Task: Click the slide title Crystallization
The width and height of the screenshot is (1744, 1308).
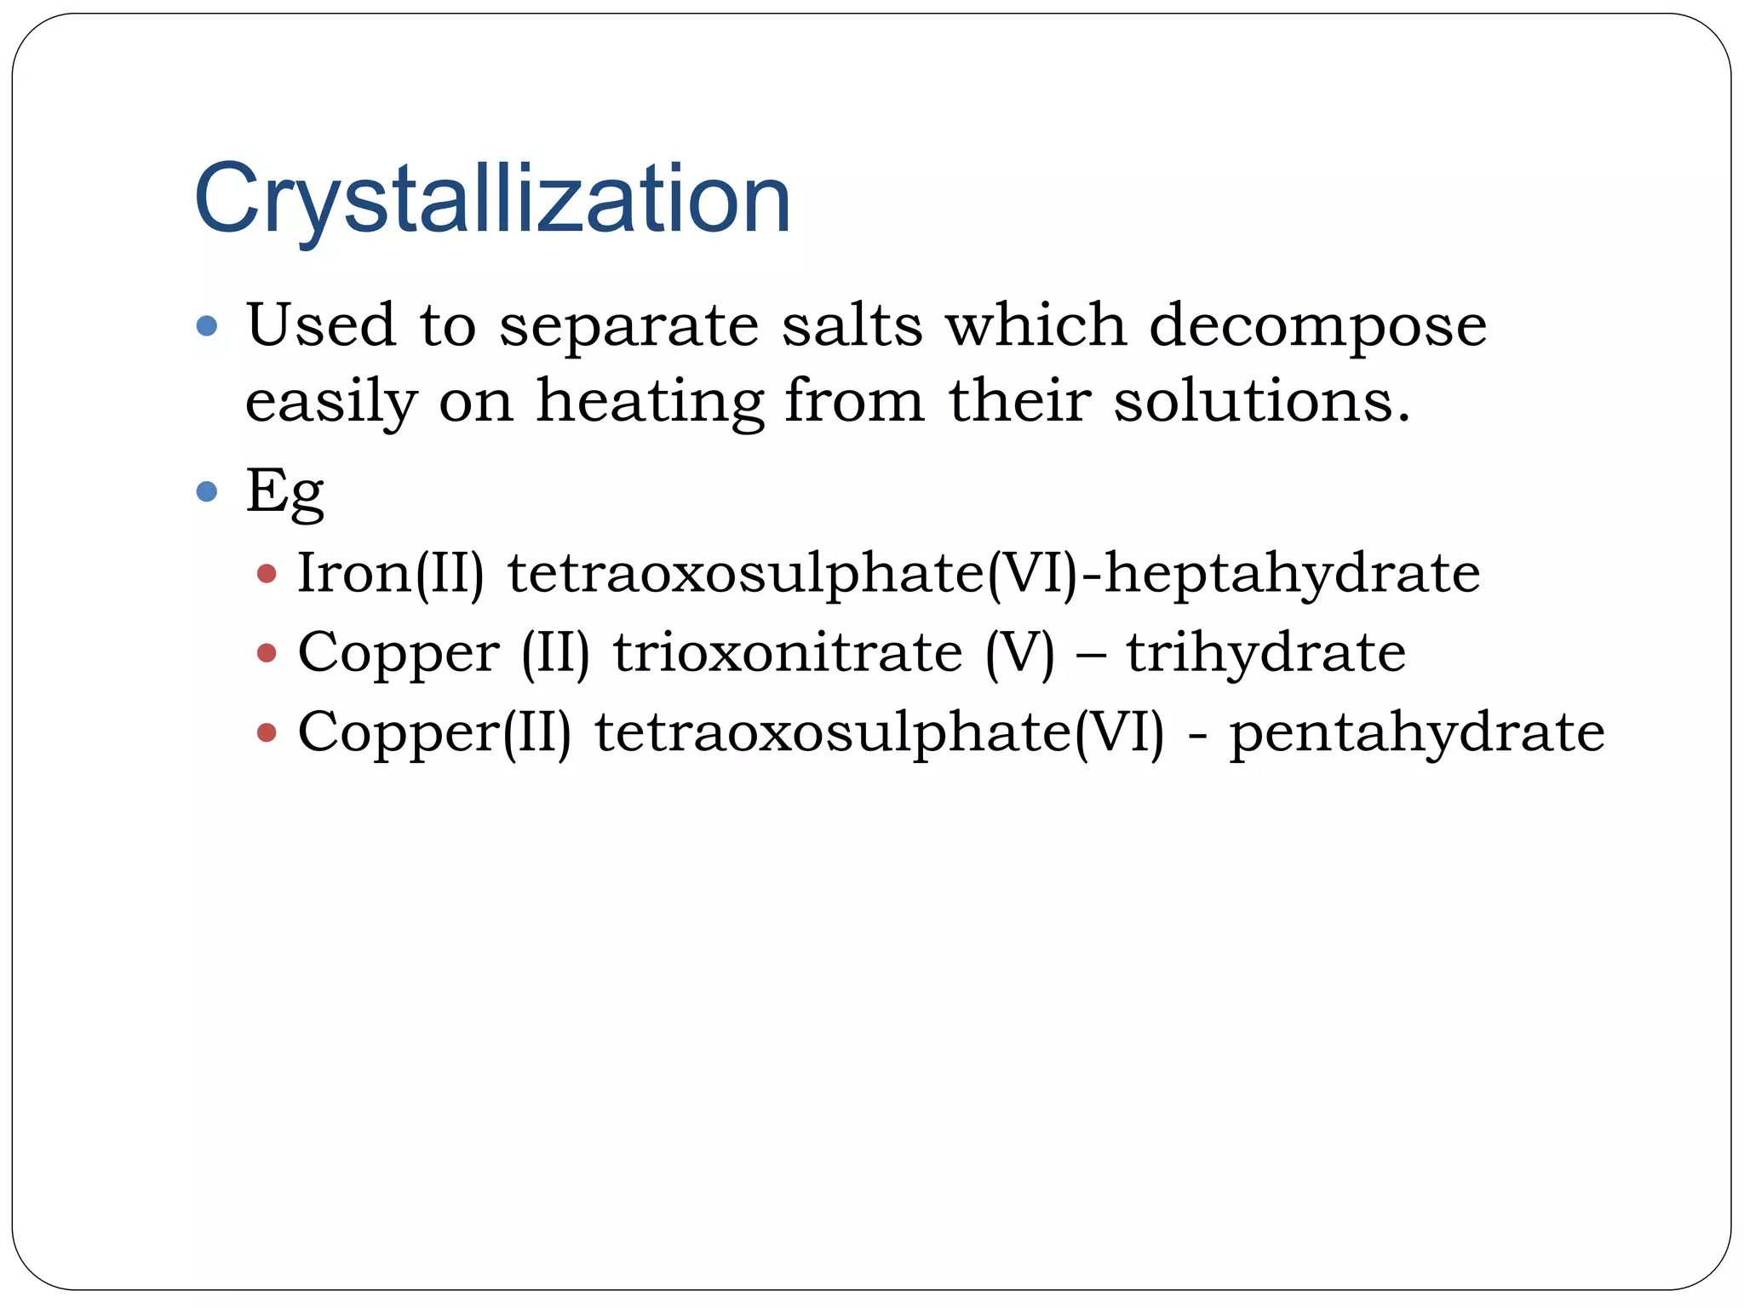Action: tap(492, 201)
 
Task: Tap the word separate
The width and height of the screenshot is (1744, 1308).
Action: tap(628, 326)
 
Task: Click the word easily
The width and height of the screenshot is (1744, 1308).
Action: tap(330, 401)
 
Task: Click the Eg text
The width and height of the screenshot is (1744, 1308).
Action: tap(284, 491)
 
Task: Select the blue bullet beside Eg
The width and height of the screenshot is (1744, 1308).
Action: tap(207, 491)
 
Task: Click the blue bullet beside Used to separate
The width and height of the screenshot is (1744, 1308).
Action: tap(207, 325)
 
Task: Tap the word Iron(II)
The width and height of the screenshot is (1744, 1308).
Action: tap(390, 572)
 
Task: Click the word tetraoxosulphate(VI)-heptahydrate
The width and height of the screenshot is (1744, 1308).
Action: tap(993, 572)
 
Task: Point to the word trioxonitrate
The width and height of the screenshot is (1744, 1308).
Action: tap(788, 652)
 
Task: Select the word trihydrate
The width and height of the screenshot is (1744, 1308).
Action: tap(1265, 652)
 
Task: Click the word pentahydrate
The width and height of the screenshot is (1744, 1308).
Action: tap(1416, 731)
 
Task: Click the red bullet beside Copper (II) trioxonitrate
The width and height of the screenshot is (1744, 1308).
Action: tap(267, 653)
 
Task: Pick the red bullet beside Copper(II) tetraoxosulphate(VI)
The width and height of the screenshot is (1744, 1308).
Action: tap(267, 732)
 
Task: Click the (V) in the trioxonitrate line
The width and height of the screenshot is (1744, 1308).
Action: tap(1019, 653)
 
